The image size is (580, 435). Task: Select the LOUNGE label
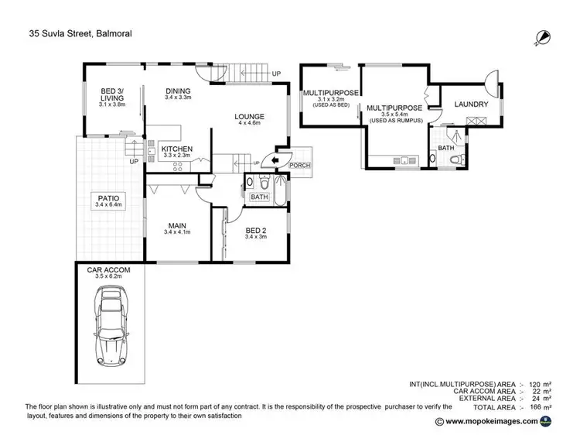[250, 117]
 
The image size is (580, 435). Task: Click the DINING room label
[177, 91]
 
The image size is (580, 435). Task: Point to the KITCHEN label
[177, 149]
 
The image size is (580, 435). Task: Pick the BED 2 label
[256, 231]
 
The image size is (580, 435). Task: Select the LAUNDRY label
[470, 103]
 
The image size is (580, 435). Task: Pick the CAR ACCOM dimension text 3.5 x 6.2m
[109, 276]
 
